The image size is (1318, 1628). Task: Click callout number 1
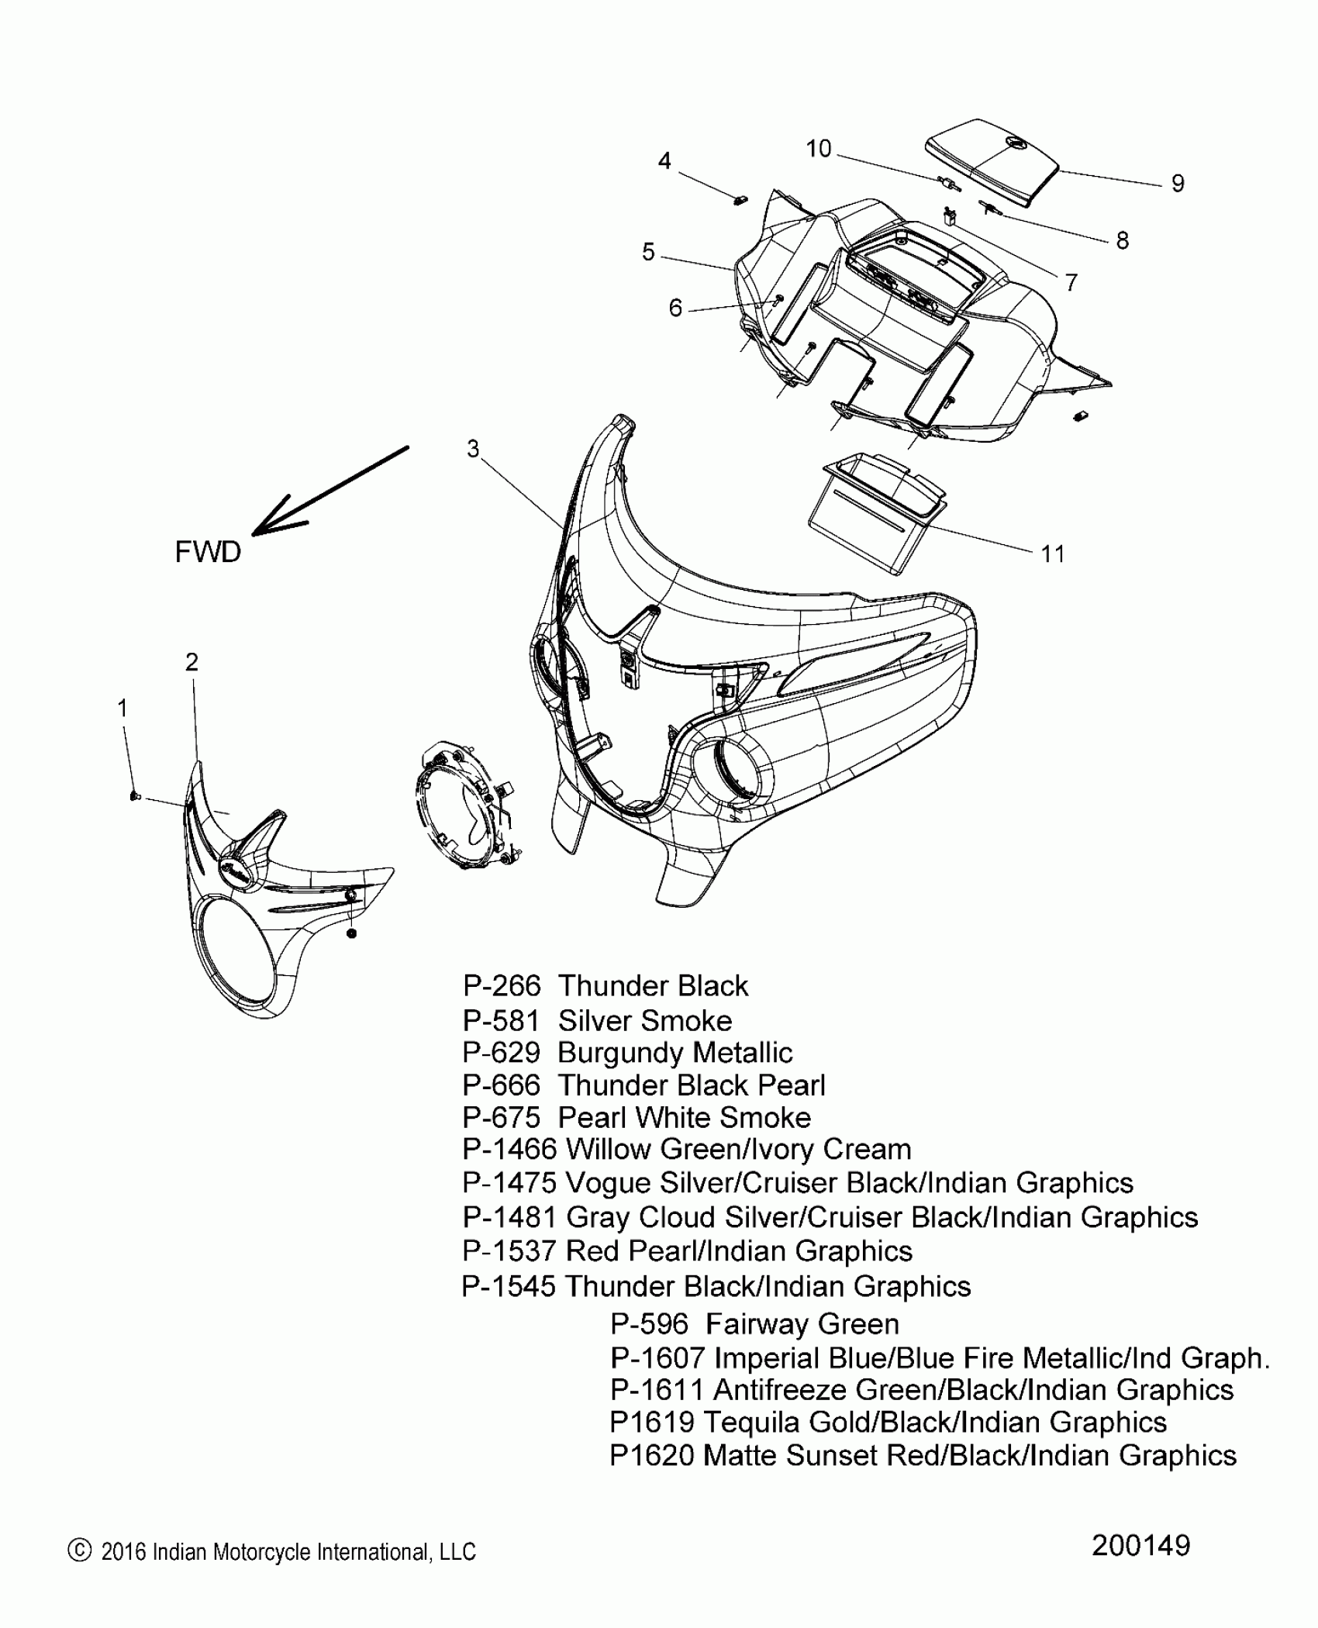(x=122, y=709)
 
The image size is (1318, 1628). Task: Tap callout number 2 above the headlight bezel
(x=191, y=661)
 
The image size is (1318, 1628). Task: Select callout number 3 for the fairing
(x=473, y=448)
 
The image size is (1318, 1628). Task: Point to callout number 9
(x=1178, y=184)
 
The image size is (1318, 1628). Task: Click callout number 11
(x=1052, y=554)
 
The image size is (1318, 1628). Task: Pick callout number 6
(x=675, y=309)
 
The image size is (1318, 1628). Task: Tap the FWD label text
(x=208, y=552)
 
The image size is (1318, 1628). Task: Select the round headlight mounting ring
(x=463, y=806)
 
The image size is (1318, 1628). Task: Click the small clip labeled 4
(x=740, y=200)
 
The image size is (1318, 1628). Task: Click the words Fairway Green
(x=802, y=1324)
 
